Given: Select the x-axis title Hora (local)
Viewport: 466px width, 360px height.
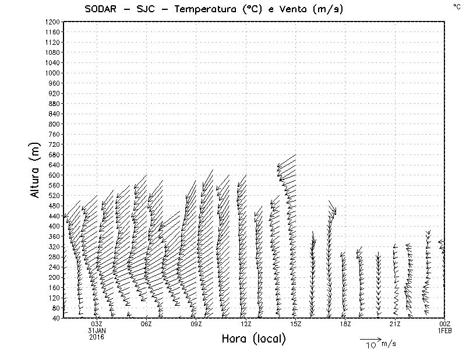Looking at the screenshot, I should (x=253, y=339).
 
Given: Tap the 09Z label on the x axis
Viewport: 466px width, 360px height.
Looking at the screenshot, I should (x=196, y=324).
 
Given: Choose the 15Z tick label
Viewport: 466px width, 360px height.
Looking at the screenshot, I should (x=295, y=324).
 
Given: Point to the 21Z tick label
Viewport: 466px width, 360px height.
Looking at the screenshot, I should (x=395, y=324).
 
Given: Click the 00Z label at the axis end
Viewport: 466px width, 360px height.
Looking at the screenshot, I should (x=445, y=324).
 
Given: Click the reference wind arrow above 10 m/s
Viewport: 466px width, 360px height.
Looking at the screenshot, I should (x=370, y=338).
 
